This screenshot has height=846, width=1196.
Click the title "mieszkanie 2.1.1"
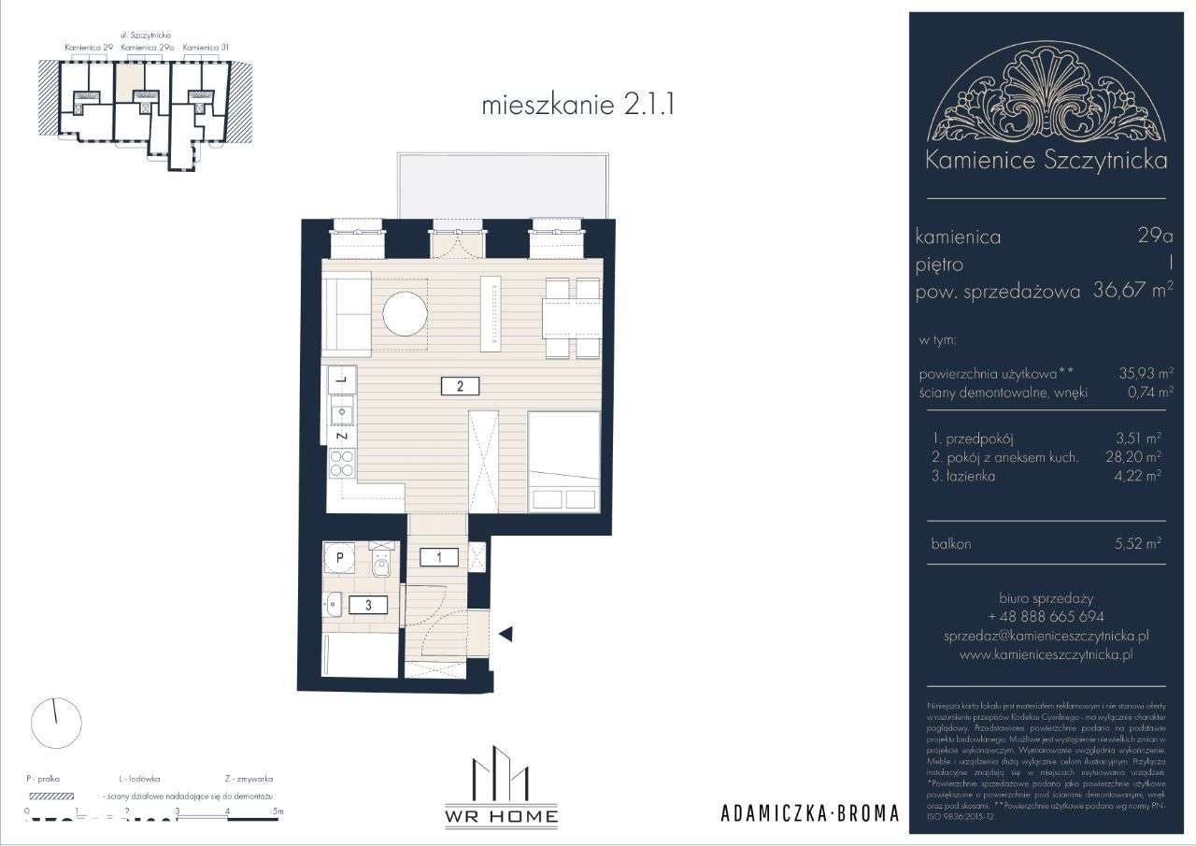[x=577, y=105]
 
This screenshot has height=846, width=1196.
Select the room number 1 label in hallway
[x=437, y=557]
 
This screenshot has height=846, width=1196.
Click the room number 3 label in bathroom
[x=369, y=605]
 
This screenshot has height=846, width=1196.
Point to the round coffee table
[x=406, y=313]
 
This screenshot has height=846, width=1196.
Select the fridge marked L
[x=342, y=379]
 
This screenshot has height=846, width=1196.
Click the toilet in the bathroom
[x=381, y=563]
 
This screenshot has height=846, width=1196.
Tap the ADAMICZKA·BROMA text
[x=809, y=813]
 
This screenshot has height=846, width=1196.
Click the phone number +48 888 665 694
[x=1045, y=617]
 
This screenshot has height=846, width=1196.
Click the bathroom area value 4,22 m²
[x=1139, y=476]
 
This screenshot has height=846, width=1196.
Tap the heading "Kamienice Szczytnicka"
[x=1045, y=161]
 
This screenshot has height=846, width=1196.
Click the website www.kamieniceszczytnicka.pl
[x=1045, y=655]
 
